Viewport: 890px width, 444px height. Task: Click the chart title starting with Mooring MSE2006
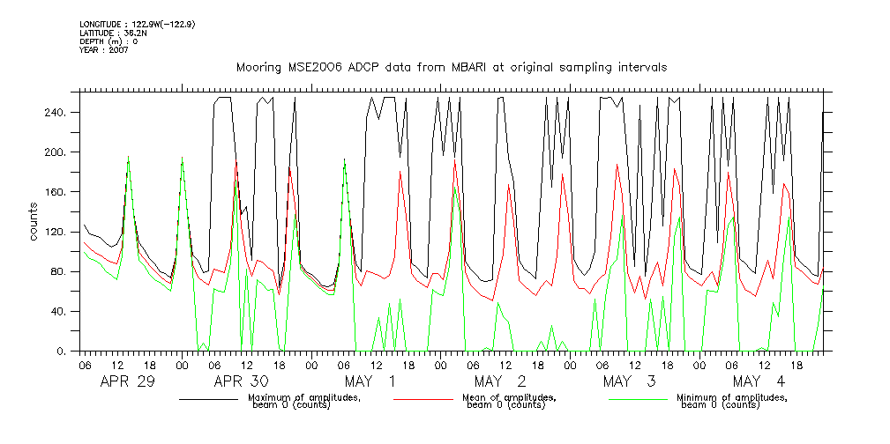(x=451, y=67)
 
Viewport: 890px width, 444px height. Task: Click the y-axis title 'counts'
(x=34, y=221)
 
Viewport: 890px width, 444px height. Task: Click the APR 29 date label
(x=128, y=381)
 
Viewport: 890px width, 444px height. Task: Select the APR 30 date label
(x=241, y=381)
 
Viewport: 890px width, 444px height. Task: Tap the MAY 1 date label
(x=370, y=381)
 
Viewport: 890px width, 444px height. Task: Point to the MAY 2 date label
(x=500, y=381)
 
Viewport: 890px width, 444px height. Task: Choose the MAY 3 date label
(x=629, y=381)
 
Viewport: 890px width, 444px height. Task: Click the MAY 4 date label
(x=758, y=381)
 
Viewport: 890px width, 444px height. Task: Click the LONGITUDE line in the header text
(x=137, y=24)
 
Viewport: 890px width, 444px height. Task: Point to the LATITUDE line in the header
(x=111, y=33)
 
